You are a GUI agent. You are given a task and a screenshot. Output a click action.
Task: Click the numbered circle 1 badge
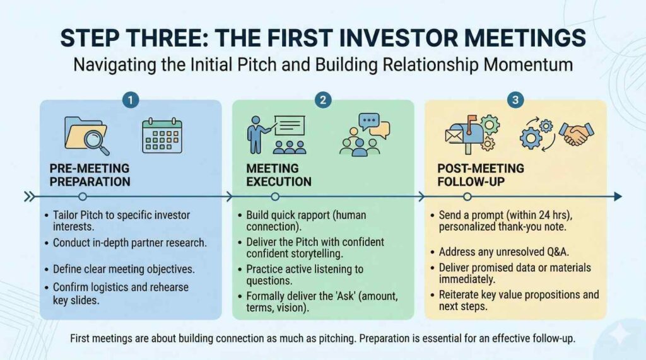click(x=131, y=100)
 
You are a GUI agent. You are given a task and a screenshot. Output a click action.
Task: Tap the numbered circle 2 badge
click(x=323, y=100)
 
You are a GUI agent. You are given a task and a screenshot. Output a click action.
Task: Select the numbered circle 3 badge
click(x=515, y=100)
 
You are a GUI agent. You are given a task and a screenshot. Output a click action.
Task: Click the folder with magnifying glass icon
click(x=87, y=136)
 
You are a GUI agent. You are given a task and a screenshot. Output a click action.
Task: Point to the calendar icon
click(x=162, y=136)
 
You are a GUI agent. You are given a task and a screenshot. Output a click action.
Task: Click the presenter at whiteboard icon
click(x=276, y=135)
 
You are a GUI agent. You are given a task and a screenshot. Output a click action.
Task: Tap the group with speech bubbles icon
click(x=365, y=135)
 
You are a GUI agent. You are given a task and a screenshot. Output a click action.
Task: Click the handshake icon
click(x=577, y=134)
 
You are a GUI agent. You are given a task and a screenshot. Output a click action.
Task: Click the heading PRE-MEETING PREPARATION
click(x=90, y=175)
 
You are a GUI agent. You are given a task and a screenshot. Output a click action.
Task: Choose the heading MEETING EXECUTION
click(x=279, y=175)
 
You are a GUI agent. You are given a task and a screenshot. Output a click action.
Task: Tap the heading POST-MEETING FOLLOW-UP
click(x=481, y=175)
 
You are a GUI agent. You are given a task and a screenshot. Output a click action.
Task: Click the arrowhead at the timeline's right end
click(x=618, y=197)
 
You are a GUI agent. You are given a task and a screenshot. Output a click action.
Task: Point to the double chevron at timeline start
click(x=29, y=197)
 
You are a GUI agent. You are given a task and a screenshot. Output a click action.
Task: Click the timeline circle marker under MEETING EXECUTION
click(x=275, y=197)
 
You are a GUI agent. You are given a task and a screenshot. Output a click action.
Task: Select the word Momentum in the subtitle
click(x=528, y=65)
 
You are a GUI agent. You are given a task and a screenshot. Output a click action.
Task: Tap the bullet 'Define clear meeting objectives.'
click(x=124, y=269)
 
